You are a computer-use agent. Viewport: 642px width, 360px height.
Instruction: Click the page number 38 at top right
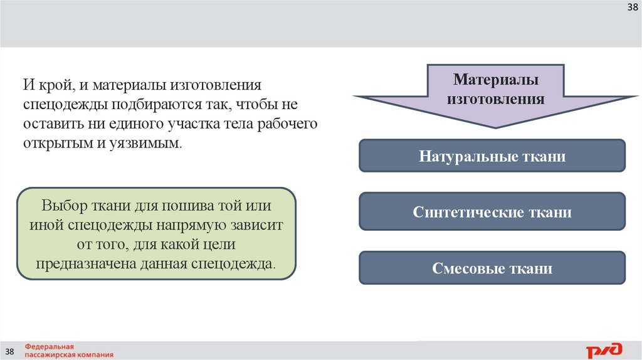coord(633,8)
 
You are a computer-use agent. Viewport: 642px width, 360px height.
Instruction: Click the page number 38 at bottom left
coord(10,349)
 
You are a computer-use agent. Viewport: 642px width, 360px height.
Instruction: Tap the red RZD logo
coord(604,349)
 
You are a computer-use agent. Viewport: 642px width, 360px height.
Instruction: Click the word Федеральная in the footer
coord(50,346)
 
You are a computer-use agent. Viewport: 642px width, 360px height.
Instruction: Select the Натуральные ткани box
coord(492,156)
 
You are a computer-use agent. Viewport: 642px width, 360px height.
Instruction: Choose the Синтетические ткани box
coord(492,212)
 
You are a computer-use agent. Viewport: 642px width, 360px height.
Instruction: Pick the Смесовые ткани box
coord(492,268)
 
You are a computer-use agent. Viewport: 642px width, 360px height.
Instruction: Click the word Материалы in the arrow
coord(495,80)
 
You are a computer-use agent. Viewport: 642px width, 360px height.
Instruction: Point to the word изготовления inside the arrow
coord(495,98)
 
